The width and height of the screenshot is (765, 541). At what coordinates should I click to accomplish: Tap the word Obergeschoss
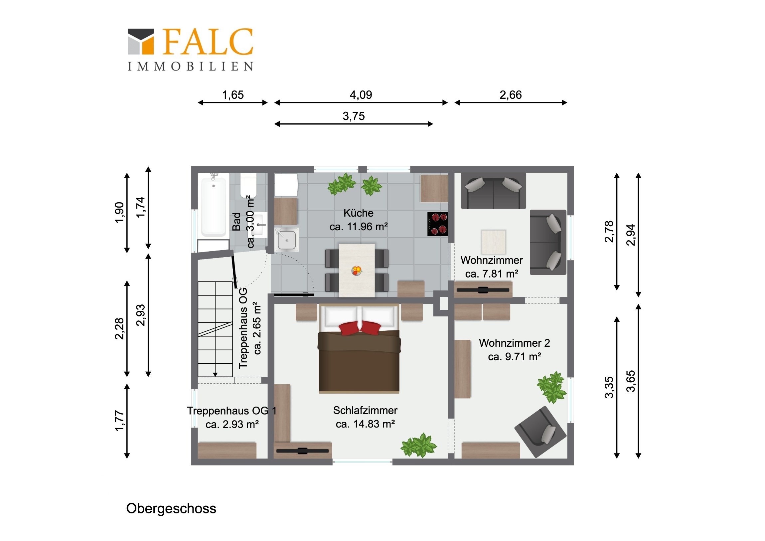coord(171,509)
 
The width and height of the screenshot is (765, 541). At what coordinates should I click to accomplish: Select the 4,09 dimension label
coord(361,95)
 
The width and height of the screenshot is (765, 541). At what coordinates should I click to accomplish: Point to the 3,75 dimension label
coord(354,116)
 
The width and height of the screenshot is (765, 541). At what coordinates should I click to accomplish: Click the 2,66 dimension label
coord(511,95)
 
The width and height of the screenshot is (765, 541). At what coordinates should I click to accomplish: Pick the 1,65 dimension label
coord(233,95)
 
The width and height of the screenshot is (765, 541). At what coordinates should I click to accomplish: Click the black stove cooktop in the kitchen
coord(437,224)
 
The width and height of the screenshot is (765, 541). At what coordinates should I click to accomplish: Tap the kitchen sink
coord(286,240)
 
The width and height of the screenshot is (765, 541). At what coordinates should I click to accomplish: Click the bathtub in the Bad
coord(214,206)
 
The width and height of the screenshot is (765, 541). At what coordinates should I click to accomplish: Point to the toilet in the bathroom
coord(248,185)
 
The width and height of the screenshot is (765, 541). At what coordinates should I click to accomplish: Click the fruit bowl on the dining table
coord(357,270)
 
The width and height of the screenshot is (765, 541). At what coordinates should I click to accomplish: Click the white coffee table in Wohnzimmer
coord(494,242)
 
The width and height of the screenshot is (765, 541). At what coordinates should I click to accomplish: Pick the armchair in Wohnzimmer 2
coord(540,431)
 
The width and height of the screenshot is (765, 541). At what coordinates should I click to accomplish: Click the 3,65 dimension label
coord(631,381)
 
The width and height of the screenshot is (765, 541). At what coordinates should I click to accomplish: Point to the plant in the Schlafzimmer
coord(418,445)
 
